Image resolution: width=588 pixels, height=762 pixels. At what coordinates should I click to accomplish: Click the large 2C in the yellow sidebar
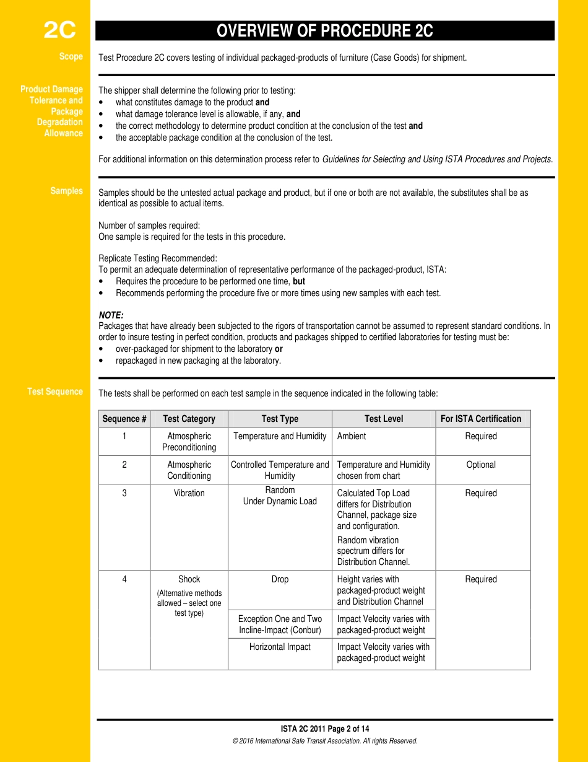[59, 30]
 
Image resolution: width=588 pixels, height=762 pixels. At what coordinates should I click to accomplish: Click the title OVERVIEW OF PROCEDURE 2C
[324, 31]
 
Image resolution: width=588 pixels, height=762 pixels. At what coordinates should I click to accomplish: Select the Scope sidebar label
[71, 56]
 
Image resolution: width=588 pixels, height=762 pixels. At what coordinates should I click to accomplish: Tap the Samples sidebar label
[66, 191]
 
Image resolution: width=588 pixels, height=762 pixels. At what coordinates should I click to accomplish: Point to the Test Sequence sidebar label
[55, 392]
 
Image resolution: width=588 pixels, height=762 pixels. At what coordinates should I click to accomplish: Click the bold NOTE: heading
[111, 315]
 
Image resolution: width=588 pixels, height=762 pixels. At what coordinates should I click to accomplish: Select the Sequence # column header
[124, 419]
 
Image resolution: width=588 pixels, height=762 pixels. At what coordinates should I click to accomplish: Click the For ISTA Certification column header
[480, 419]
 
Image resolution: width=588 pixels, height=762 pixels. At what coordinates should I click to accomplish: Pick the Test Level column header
[383, 419]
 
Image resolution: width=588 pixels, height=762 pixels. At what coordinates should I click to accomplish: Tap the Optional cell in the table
[480, 465]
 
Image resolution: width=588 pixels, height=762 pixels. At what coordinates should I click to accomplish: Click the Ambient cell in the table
[352, 436]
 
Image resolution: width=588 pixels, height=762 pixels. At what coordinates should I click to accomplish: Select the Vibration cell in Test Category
[189, 493]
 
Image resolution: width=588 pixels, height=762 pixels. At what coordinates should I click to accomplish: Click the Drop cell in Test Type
[280, 579]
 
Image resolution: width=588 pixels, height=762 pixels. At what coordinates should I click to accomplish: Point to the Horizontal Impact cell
[280, 647]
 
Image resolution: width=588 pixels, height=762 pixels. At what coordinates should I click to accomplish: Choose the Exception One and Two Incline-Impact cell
[280, 624]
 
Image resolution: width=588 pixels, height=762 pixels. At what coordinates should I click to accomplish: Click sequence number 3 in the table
[124, 493]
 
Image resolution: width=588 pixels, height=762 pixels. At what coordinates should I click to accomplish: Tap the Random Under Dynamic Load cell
[280, 496]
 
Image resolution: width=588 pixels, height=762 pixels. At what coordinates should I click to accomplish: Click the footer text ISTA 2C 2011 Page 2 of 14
[324, 729]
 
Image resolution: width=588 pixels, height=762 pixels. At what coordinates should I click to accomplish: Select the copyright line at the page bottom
[324, 741]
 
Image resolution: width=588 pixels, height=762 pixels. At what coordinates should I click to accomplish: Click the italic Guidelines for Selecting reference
[437, 159]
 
